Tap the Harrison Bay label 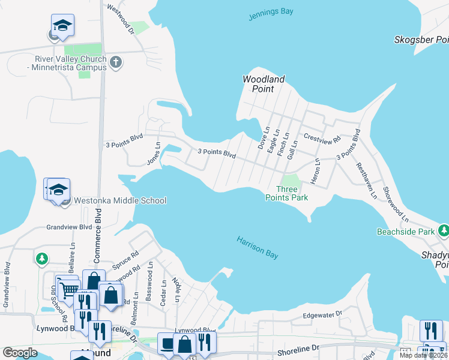tap(257, 248)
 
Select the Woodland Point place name tap(264, 84)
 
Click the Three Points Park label tap(287, 193)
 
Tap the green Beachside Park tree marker tap(443, 230)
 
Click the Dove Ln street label tap(262, 139)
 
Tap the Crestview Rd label tap(322, 137)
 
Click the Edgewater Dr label tap(322, 314)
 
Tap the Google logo tap(20, 352)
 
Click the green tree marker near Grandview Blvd tap(41, 259)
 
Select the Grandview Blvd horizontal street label tap(70, 227)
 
